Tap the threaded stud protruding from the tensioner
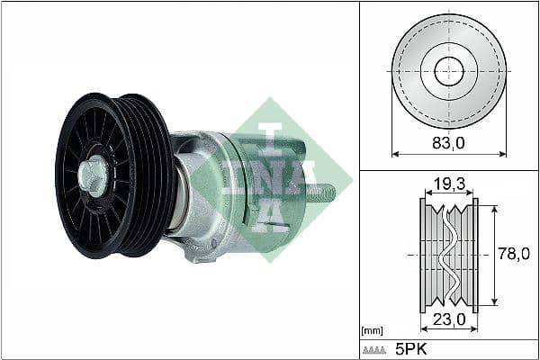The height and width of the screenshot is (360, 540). (x=323, y=193)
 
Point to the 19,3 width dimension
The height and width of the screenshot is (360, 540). (x=448, y=184)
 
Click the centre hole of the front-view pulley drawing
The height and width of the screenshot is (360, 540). (x=448, y=71)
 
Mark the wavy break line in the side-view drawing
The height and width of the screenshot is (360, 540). (x=448, y=255)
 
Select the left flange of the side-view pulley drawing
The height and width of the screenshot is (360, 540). (x=423, y=255)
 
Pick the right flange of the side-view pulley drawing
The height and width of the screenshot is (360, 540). (x=474, y=255)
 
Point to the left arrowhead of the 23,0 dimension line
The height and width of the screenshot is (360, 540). (x=423, y=328)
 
